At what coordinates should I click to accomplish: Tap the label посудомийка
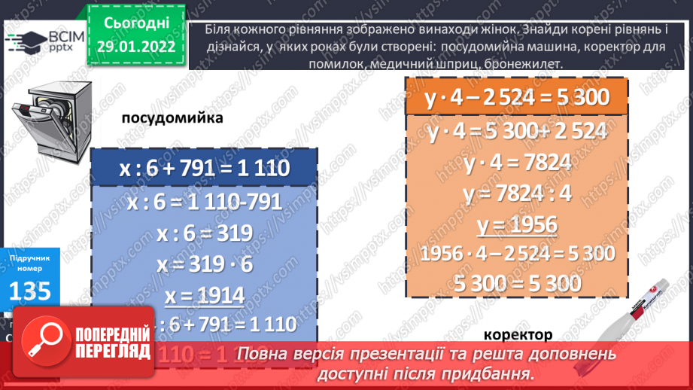[172, 118]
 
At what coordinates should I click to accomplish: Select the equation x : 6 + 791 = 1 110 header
[204, 168]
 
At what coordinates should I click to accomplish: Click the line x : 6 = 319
[204, 233]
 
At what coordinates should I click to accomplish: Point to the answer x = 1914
[203, 296]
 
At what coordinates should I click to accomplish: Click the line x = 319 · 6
[203, 264]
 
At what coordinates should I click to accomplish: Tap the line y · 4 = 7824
[516, 163]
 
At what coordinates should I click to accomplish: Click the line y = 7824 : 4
[517, 194]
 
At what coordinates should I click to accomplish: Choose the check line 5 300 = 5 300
[516, 283]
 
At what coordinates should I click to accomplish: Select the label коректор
[518, 335]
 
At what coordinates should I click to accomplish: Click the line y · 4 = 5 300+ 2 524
[516, 133]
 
